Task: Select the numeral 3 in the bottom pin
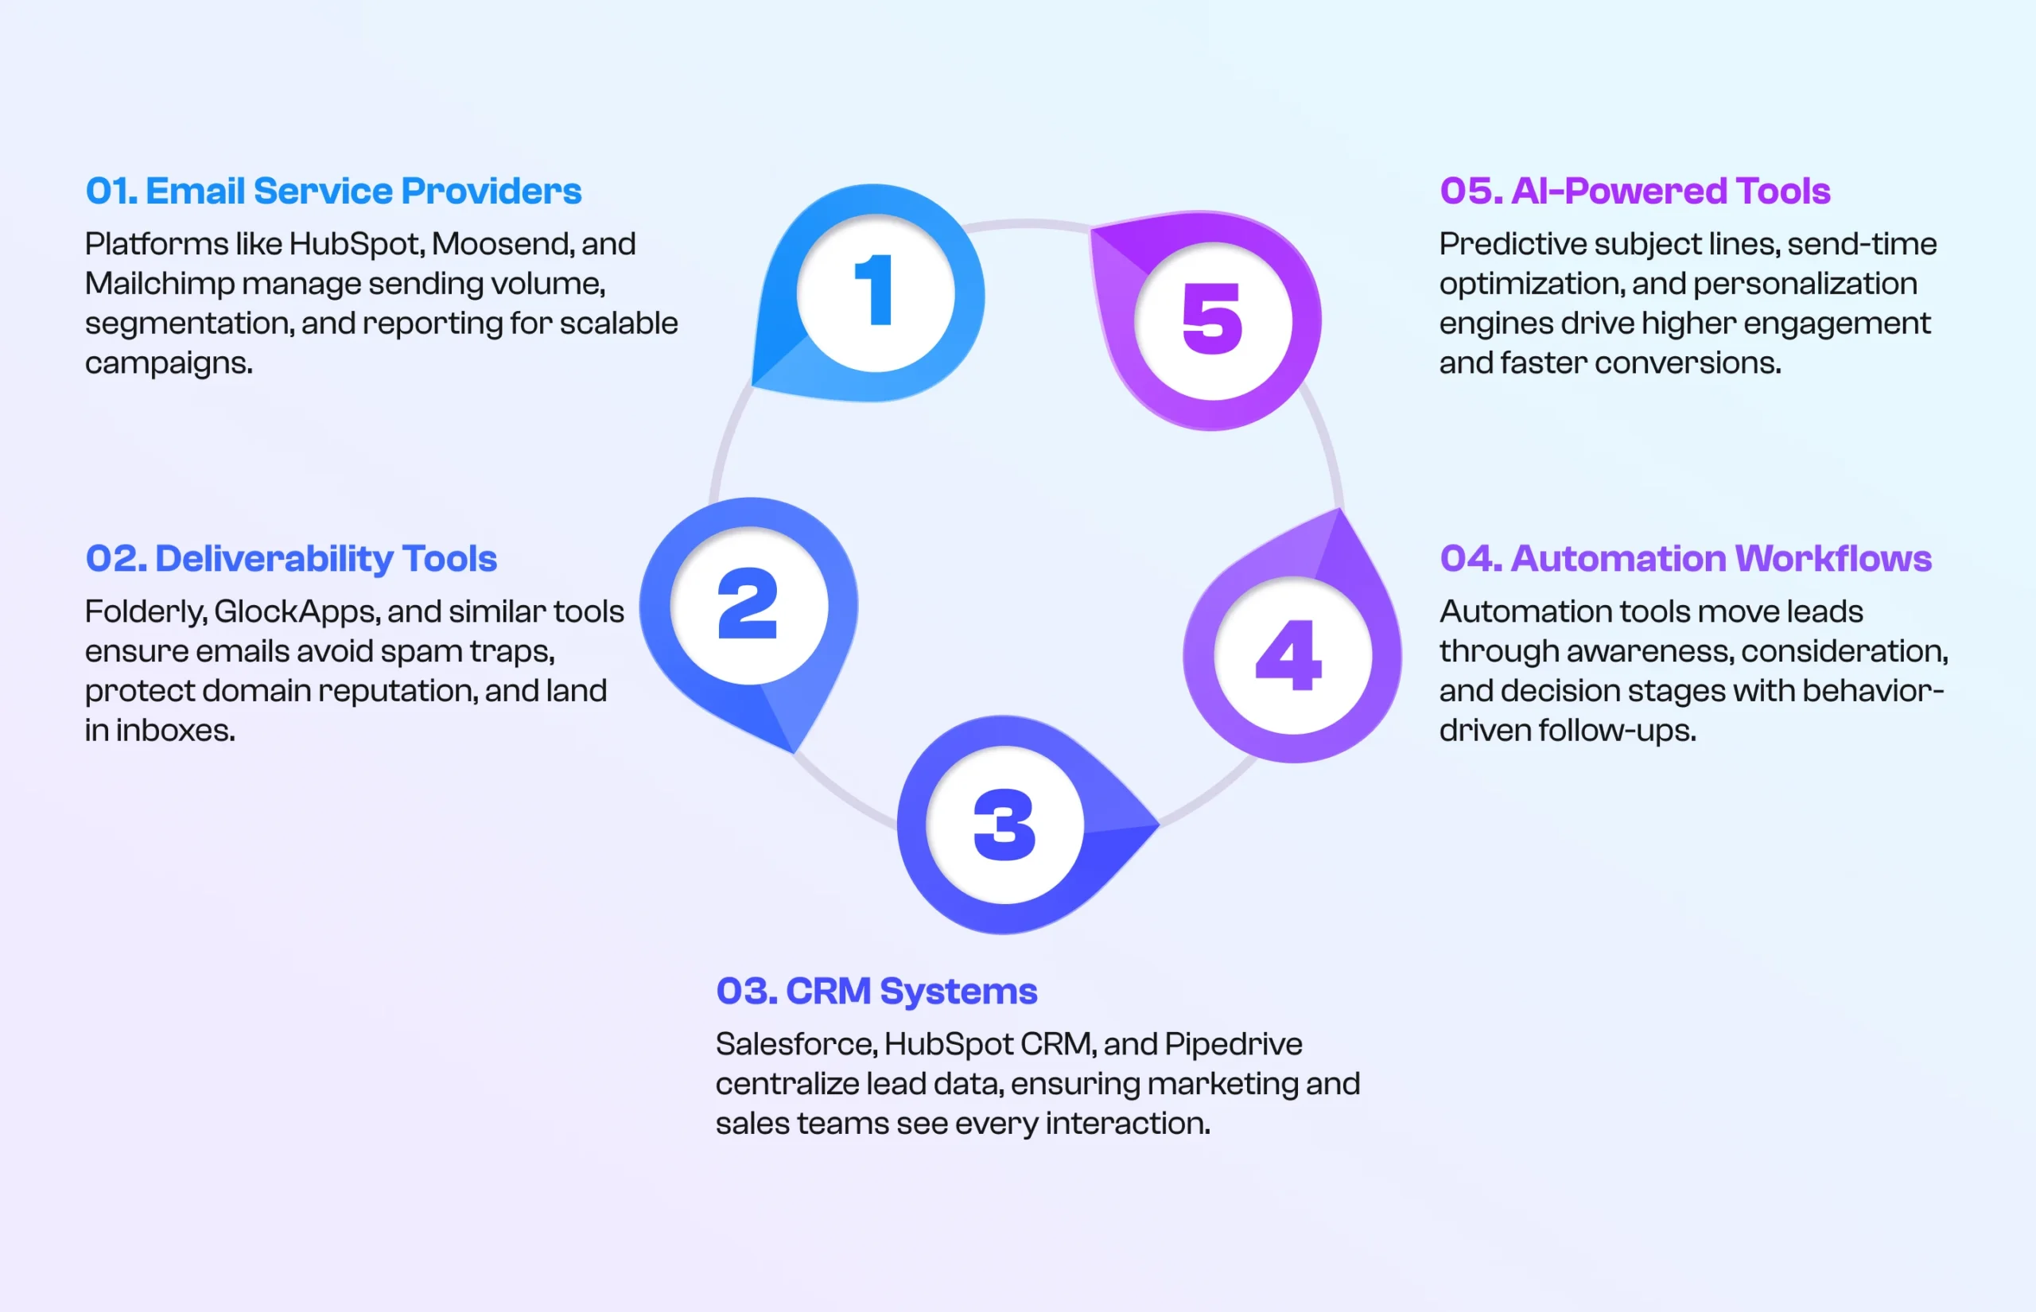click(1004, 824)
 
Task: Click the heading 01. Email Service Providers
click(333, 191)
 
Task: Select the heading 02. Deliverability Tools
click(290, 559)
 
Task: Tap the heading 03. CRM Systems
click(876, 991)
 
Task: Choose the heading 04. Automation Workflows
click(1685, 559)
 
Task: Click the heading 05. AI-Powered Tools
click(1634, 191)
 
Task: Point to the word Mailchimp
click(159, 284)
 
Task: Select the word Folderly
click(144, 611)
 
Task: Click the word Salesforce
click(795, 1045)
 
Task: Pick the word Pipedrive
click(1233, 1045)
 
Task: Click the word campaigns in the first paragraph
click(167, 364)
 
